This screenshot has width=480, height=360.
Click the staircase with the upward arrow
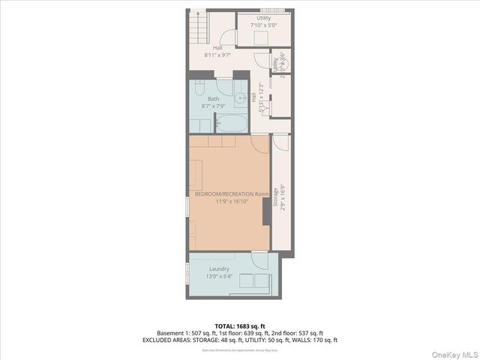click(x=196, y=28)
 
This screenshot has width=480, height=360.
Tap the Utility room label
click(x=264, y=18)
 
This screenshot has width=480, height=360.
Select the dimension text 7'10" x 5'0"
click(x=264, y=25)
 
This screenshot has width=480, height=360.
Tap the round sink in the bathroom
click(x=241, y=97)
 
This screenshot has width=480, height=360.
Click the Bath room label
click(x=214, y=99)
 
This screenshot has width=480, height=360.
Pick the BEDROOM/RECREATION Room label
click(x=231, y=194)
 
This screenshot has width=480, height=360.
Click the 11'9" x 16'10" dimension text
click(x=231, y=202)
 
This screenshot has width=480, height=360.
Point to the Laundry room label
click(x=219, y=268)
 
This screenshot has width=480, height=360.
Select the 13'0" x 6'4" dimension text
click(x=219, y=276)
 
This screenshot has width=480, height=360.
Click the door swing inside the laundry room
click(x=259, y=261)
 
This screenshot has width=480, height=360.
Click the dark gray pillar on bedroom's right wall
click(x=265, y=213)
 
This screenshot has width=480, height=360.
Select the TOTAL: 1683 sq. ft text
click(x=240, y=325)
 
